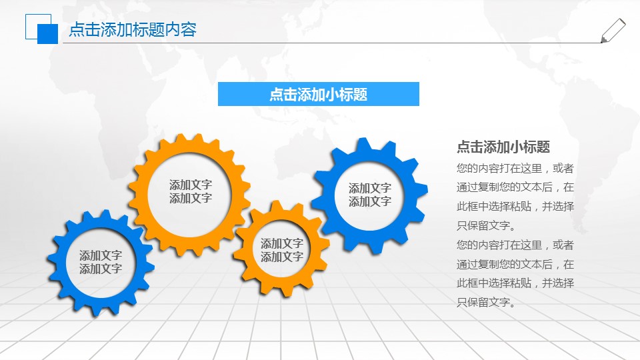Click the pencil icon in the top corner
613,31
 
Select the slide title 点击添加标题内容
133,30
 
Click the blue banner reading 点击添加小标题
318,94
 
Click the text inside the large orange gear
190,191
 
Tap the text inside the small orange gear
281,250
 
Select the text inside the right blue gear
369,195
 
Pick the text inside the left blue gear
100,262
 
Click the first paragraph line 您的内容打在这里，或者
515,168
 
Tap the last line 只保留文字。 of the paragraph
487,303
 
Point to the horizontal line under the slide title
333,43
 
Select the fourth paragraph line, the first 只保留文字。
487,225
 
